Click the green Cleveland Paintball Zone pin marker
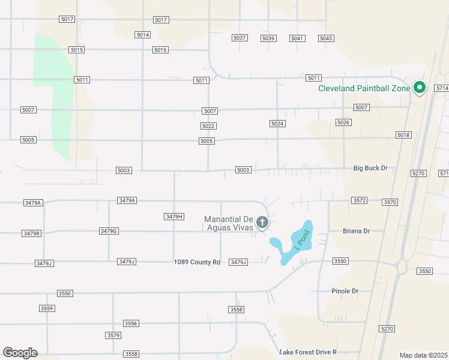tap(420, 88)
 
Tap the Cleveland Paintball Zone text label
tap(364, 89)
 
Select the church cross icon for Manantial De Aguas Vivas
tap(262, 223)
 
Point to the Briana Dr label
tap(356, 231)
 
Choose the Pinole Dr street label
tap(345, 291)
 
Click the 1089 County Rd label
tap(197, 262)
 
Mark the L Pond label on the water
tap(301, 239)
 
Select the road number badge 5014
tap(143, 35)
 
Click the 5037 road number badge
tap(240, 38)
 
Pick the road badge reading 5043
tap(326, 38)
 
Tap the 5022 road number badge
tap(208, 126)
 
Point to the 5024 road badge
tap(277, 124)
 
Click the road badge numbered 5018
tap(403, 135)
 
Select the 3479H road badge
tap(173, 216)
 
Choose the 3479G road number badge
tap(109, 231)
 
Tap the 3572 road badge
tap(359, 200)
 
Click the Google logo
tap(20, 353)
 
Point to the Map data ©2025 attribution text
tap(423, 355)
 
